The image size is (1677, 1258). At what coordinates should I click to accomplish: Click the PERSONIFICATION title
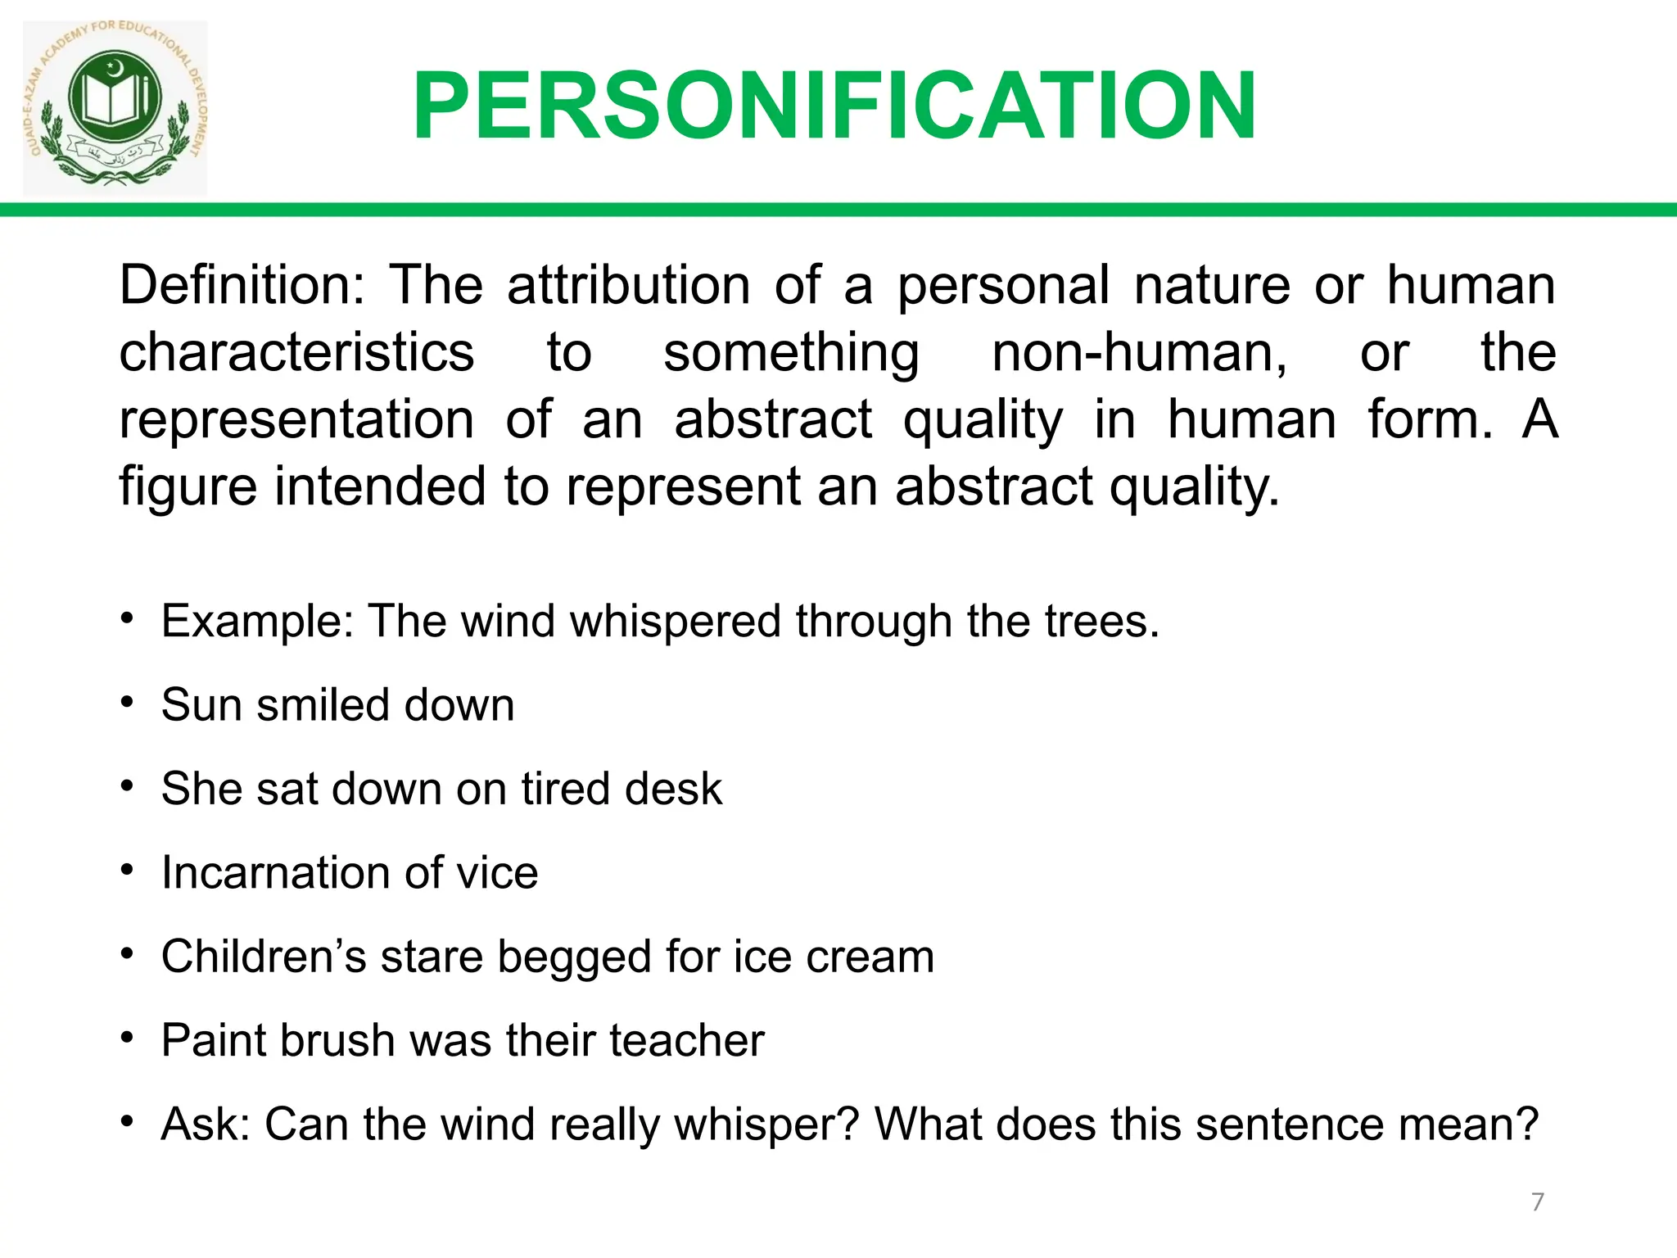point(834,106)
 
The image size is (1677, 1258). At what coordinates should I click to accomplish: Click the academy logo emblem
point(115,106)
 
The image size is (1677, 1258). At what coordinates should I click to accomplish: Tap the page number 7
point(1538,1201)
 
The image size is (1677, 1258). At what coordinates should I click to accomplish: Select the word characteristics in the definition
point(296,352)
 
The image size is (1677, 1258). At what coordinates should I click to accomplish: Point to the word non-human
point(1139,352)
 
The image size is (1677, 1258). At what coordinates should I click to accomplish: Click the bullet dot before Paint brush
point(126,1038)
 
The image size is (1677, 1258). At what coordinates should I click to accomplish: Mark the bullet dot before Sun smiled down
point(126,702)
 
